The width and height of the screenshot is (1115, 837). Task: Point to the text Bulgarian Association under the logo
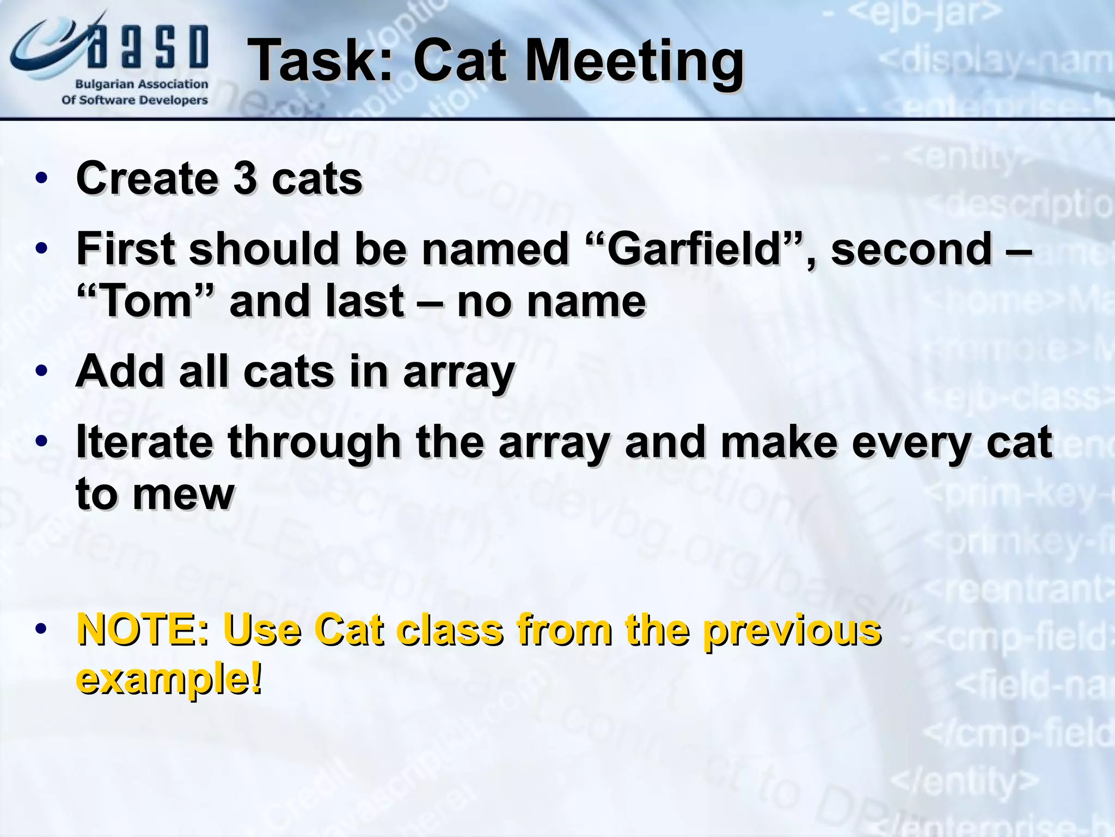tap(142, 84)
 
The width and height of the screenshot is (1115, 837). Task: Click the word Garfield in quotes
tap(694, 249)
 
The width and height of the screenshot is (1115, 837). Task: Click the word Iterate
tap(144, 442)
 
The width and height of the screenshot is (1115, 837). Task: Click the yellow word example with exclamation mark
tap(169, 679)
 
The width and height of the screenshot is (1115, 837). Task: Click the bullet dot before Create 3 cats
tap(41, 179)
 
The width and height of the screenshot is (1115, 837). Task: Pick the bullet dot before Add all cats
tap(41, 372)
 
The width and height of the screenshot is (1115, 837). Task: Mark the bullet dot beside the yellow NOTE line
tap(41, 630)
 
